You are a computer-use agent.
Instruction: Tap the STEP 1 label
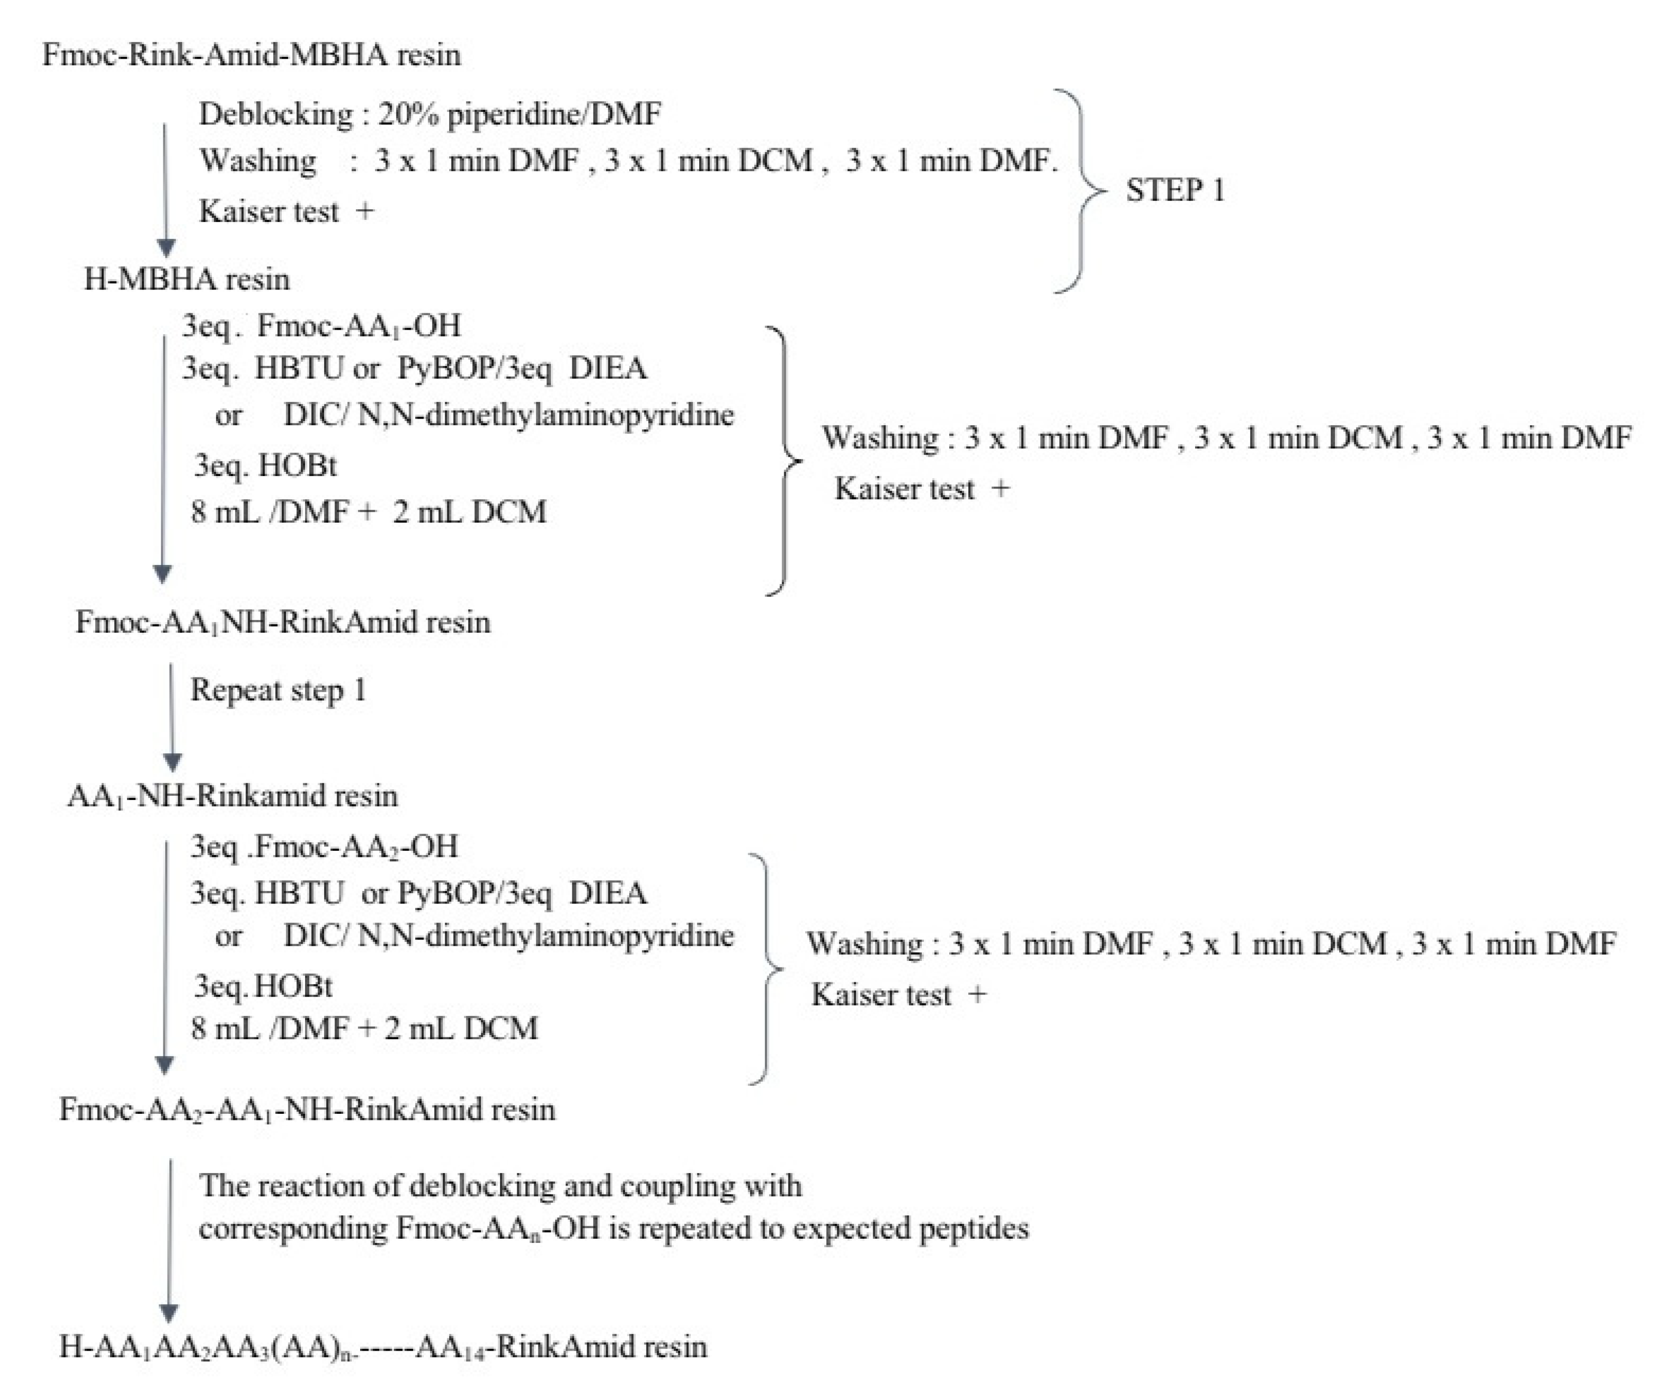click(1175, 191)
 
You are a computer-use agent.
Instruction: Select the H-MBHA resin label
click(187, 279)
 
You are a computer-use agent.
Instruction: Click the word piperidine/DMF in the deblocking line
click(554, 115)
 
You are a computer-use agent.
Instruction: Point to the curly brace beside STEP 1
click(1080, 191)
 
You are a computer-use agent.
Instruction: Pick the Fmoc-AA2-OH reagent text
click(356, 847)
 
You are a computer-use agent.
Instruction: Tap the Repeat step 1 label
click(278, 690)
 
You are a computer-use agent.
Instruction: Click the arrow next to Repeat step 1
click(172, 716)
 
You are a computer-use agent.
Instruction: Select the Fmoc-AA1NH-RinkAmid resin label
click(283, 622)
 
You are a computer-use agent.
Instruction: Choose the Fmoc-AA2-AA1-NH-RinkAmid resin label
click(307, 1110)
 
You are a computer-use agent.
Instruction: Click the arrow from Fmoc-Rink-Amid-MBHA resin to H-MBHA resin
click(166, 190)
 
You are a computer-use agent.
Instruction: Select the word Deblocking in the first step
click(275, 115)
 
